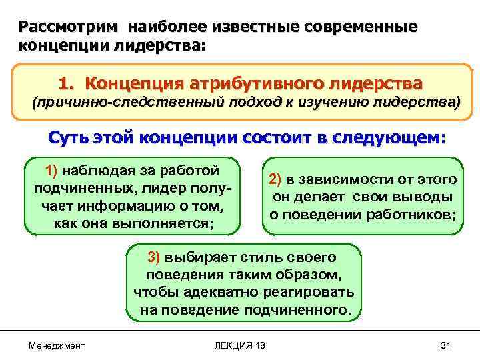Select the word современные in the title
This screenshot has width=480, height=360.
coord(361,27)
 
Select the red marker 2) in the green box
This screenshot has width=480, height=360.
coord(275,181)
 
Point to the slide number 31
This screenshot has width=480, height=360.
coord(447,345)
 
